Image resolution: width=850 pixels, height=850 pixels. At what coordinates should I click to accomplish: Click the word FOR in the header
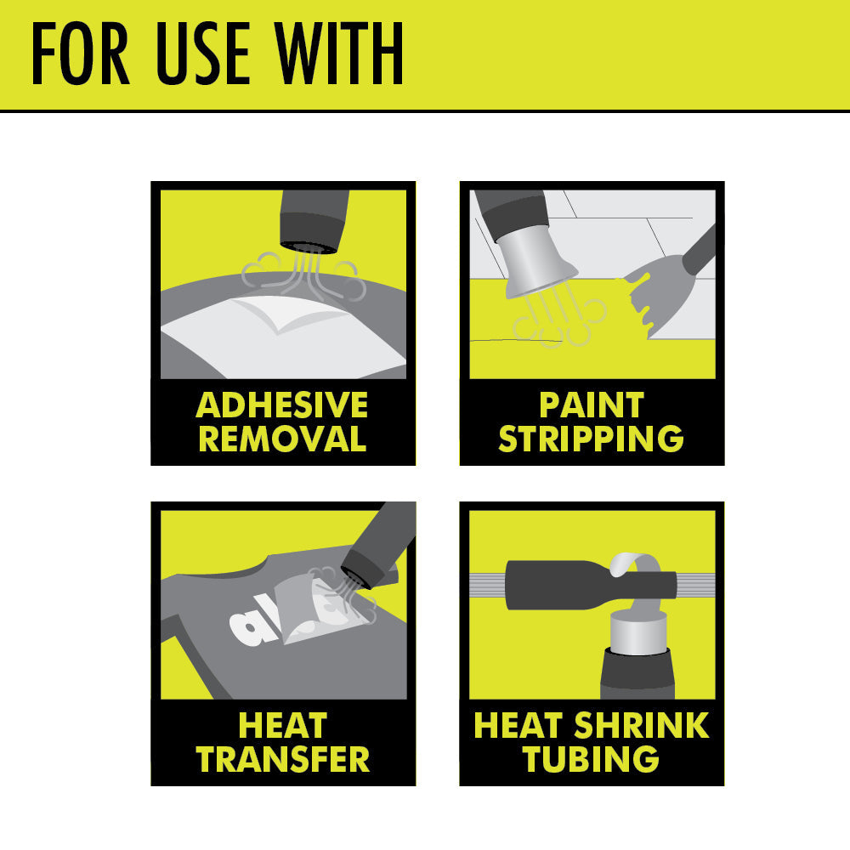[x=81, y=56]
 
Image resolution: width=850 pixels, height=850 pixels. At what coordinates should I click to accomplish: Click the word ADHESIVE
[x=282, y=405]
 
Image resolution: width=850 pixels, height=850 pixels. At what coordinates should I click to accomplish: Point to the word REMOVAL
[x=282, y=439]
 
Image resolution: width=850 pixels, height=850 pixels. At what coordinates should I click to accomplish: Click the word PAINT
[x=592, y=405]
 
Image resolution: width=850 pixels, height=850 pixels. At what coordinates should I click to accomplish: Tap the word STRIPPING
[x=592, y=439]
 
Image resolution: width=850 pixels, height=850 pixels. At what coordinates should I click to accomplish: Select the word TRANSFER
[x=283, y=759]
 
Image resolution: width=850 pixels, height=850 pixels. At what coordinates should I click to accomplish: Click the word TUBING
[x=592, y=759]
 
